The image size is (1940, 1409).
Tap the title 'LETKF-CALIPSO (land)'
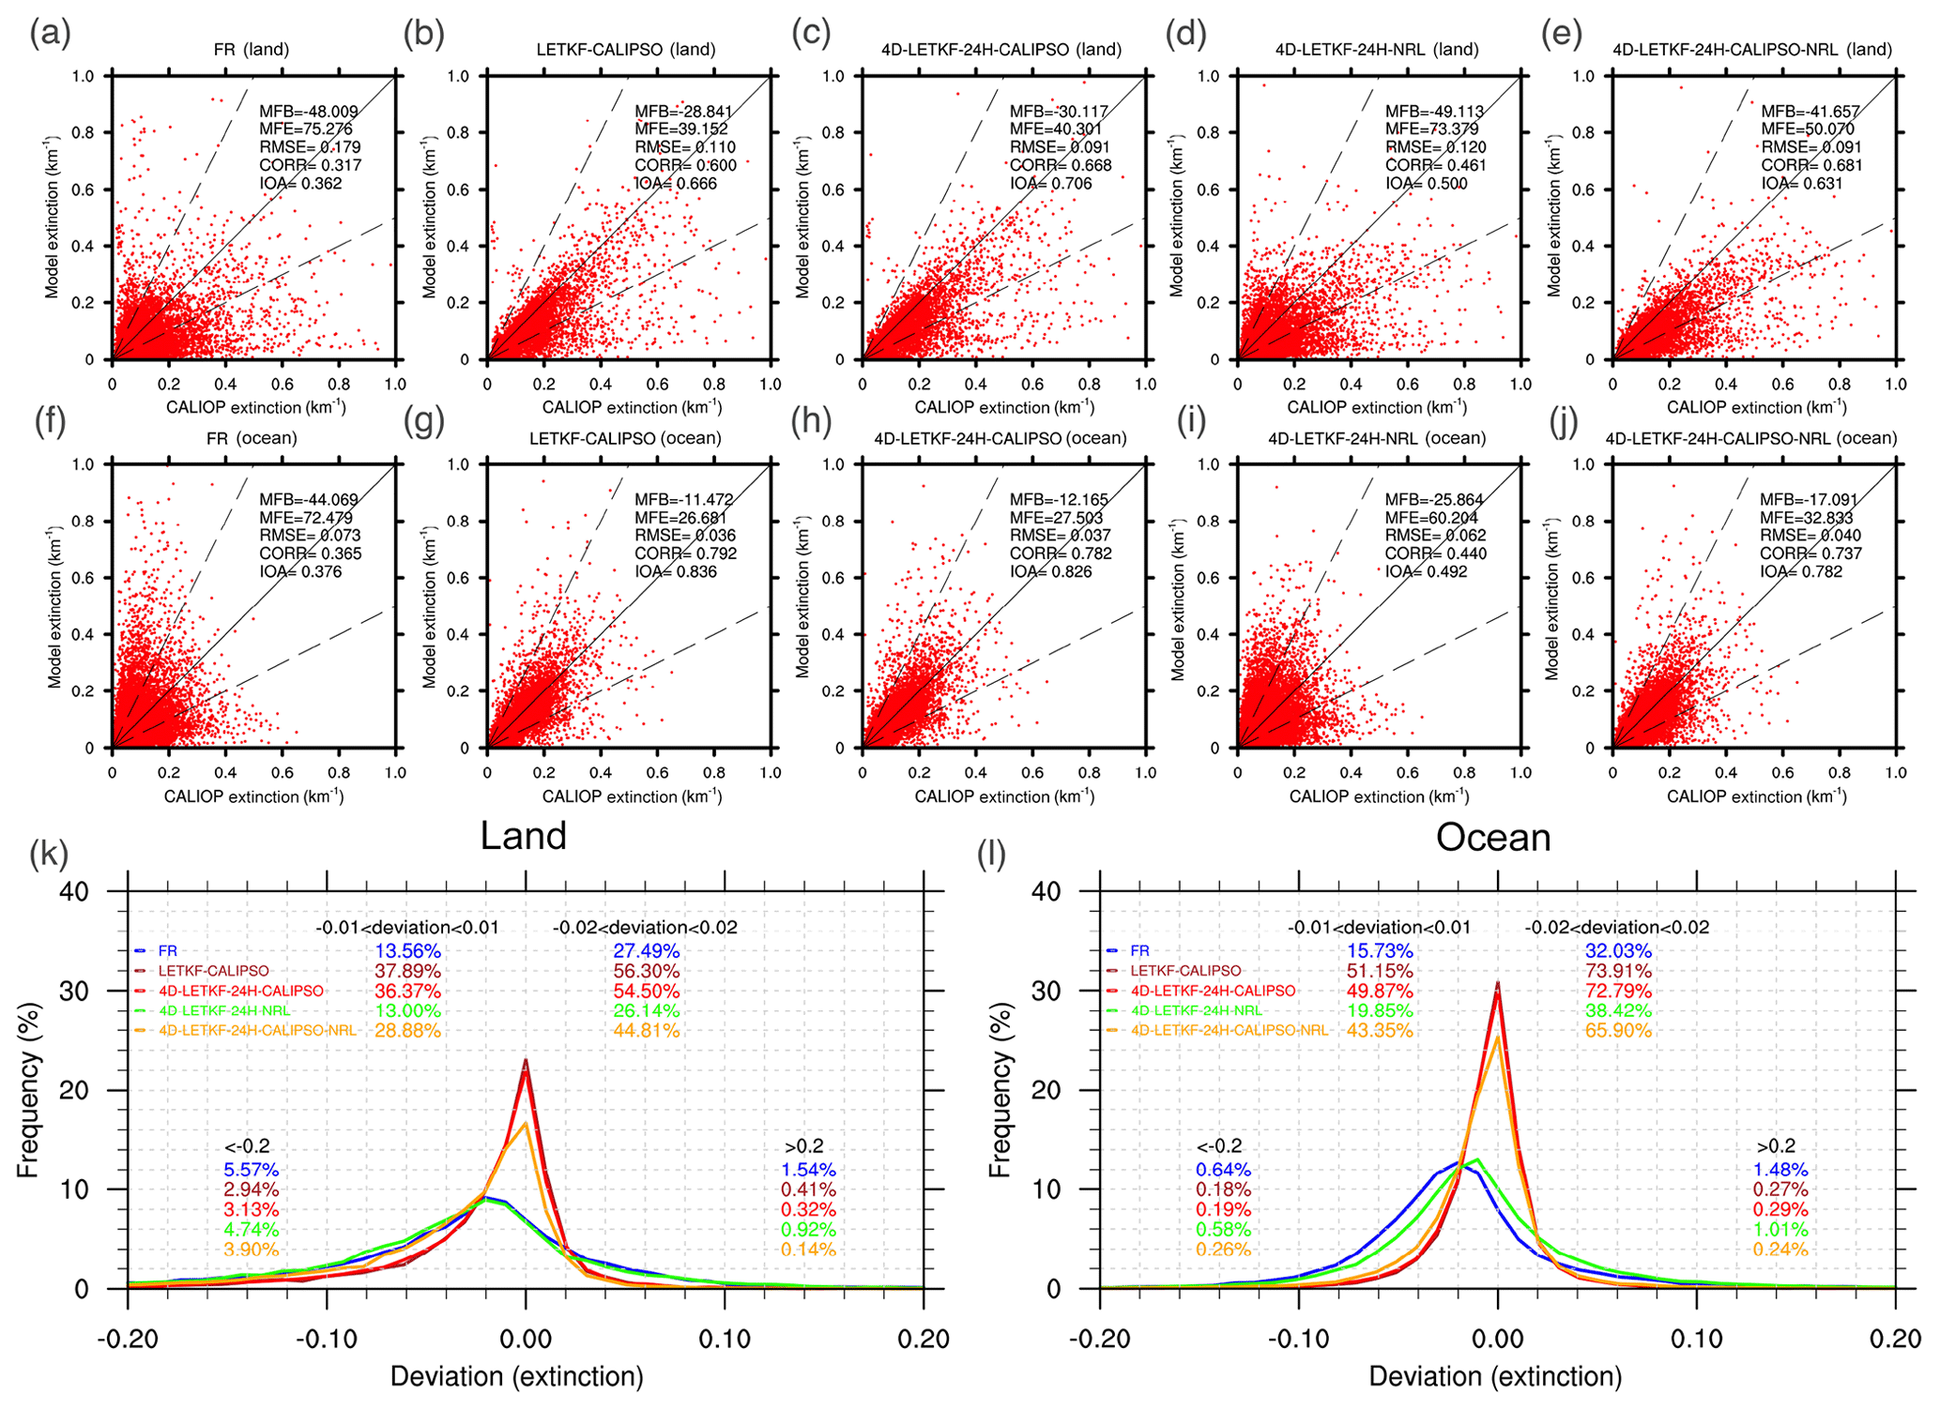click(626, 49)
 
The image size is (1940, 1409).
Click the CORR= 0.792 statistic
click(685, 553)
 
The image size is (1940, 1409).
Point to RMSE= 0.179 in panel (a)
click(310, 147)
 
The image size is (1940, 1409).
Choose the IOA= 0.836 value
click(676, 571)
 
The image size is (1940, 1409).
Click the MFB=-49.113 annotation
click(1434, 112)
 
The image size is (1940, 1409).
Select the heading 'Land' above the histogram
click(523, 836)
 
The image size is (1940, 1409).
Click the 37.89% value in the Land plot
click(407, 971)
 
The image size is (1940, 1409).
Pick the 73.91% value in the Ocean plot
click(1618, 971)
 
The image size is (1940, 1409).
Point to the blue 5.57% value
click(251, 1170)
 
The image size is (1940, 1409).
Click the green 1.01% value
click(1780, 1230)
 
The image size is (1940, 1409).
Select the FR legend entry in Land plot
click(167, 951)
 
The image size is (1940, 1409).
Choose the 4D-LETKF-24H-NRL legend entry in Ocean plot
click(1197, 1010)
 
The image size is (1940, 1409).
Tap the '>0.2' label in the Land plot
click(803, 1146)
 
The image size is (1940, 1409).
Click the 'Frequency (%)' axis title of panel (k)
click(28, 1090)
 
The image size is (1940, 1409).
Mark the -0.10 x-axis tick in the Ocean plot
click(1298, 1339)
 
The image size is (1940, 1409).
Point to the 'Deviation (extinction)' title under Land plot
click(516, 1377)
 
